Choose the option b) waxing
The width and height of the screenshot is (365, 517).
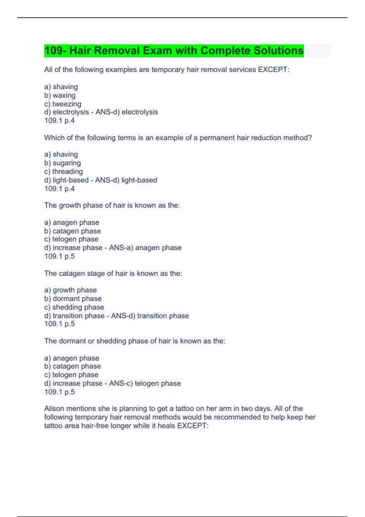pos(60,95)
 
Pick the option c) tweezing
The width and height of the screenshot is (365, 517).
pos(63,104)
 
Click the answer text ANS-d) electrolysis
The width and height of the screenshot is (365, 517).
pos(127,112)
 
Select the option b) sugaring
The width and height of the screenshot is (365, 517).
pos(62,163)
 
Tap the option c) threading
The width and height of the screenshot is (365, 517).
pos(63,172)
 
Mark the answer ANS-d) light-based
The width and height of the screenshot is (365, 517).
pos(126,180)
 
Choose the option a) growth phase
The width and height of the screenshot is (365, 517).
pos(70,290)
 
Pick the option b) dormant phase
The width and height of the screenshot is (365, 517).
pos(73,299)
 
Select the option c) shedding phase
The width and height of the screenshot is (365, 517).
pos(74,307)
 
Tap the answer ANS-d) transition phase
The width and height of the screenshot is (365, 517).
pos(150,316)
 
